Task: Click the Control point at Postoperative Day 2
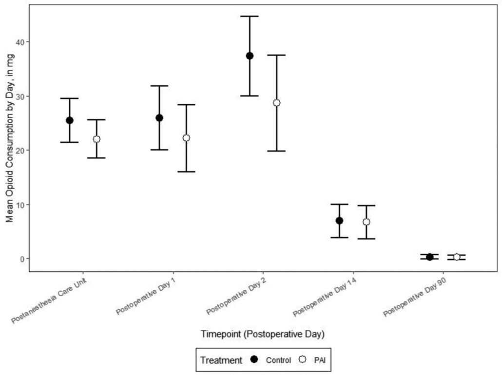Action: click(x=250, y=56)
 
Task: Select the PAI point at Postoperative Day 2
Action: click(x=276, y=103)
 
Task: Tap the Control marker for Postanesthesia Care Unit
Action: click(x=70, y=120)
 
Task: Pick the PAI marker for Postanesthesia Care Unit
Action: click(x=97, y=139)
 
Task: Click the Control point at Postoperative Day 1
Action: click(x=159, y=118)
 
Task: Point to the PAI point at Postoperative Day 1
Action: click(x=186, y=138)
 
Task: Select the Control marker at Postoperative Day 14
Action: click(x=339, y=221)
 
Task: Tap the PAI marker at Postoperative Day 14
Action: click(x=366, y=222)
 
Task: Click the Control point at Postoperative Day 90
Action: click(x=429, y=257)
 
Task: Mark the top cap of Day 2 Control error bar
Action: click(x=250, y=17)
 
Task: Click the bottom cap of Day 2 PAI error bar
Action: click(x=276, y=151)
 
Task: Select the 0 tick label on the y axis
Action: click(x=21, y=259)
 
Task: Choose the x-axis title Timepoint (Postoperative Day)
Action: click(x=262, y=334)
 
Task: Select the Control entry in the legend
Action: click(x=278, y=360)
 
